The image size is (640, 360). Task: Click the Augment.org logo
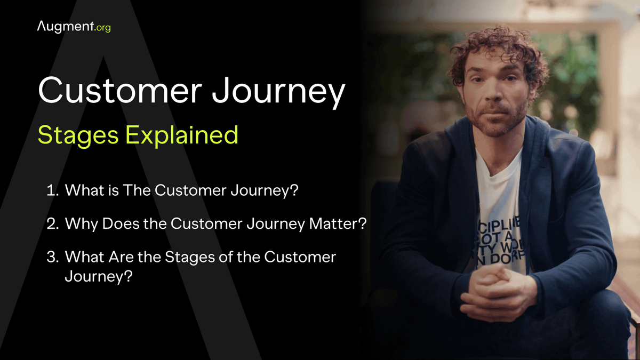pyautogui.click(x=74, y=26)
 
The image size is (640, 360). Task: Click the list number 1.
pyautogui.click(x=51, y=191)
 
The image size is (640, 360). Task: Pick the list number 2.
pyautogui.click(x=52, y=224)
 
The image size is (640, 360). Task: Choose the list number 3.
pyautogui.click(x=52, y=257)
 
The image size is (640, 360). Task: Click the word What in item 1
pyautogui.click(x=83, y=191)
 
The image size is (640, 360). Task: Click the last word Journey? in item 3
pyautogui.click(x=98, y=276)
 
